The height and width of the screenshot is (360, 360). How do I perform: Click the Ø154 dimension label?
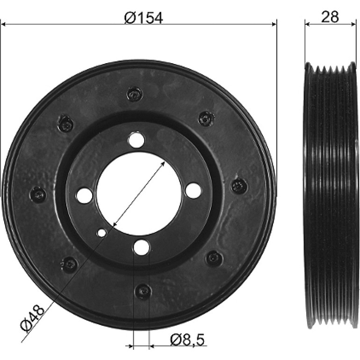(x=144, y=18)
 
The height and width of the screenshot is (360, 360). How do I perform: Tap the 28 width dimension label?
(x=330, y=17)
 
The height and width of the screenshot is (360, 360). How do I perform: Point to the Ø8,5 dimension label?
(x=187, y=340)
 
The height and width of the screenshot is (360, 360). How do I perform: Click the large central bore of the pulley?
(x=140, y=194)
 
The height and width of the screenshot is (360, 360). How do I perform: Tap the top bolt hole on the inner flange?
(x=137, y=140)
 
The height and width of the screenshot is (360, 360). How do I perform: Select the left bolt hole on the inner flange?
(x=85, y=195)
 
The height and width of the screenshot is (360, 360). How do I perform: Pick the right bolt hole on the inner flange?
(x=193, y=191)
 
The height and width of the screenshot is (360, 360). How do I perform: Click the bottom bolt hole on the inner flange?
(x=141, y=247)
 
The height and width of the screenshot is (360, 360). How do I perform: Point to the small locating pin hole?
(x=102, y=233)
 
